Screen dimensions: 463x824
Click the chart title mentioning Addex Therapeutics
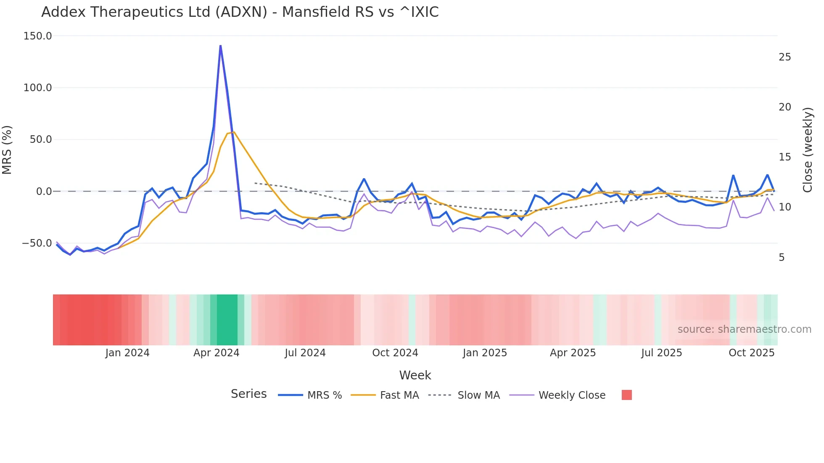coord(240,12)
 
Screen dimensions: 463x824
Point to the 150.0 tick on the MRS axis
coord(37,36)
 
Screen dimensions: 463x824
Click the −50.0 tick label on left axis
coord(37,243)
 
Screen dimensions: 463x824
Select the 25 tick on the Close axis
coord(784,57)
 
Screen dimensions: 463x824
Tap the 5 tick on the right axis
coord(782,258)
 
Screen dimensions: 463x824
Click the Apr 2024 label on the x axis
coord(216,353)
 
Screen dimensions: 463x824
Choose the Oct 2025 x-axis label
coord(751,353)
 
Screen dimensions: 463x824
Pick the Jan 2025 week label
coord(485,353)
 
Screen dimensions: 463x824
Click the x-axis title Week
coord(415,375)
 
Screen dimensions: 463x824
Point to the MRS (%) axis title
coord(7,150)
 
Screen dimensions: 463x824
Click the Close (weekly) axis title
coord(808,150)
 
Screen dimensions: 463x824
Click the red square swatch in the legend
coord(626,395)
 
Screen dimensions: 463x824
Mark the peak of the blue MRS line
coord(220,45)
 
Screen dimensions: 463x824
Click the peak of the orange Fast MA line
coord(234,132)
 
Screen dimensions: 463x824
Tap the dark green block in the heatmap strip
coord(227,320)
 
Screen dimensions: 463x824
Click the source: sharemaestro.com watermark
coord(744,329)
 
